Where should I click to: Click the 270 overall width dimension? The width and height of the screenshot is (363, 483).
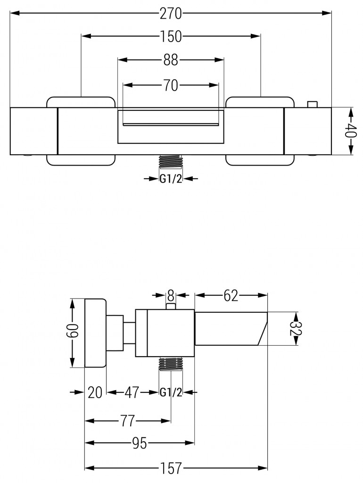(x=170, y=14)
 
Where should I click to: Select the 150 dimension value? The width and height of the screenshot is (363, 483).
(x=171, y=37)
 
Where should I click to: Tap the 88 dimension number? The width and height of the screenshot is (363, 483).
(x=170, y=60)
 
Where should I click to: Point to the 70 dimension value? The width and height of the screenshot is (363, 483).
(x=170, y=85)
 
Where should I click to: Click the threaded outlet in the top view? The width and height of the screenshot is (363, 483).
(x=170, y=162)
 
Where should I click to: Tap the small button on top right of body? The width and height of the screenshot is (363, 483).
(x=312, y=104)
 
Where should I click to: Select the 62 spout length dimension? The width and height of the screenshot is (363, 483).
(x=231, y=296)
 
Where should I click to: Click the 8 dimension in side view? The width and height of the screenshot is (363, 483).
(x=171, y=296)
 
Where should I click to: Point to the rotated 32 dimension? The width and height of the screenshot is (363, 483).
(x=296, y=329)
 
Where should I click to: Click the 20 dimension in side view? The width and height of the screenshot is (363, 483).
(x=95, y=392)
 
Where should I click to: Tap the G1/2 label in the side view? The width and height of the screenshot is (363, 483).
(x=171, y=392)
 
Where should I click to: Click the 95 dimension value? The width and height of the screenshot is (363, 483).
(x=139, y=442)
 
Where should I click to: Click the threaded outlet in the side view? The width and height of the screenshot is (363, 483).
(x=171, y=364)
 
